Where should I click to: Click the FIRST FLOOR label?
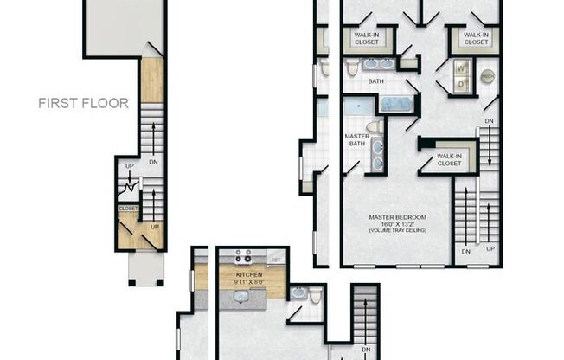pos(83,103)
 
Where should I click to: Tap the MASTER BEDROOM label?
pos(398,216)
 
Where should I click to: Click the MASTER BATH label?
pos(356,140)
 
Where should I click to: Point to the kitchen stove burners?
pos(242,257)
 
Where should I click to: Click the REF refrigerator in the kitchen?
pos(276,258)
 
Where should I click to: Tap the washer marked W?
pos(461,68)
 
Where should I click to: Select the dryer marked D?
pos(461,84)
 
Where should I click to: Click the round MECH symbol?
pos(488,76)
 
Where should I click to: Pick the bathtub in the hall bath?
pos(398,105)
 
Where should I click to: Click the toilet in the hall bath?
pos(352,67)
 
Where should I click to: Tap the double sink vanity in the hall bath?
pos(377,64)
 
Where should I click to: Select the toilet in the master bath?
pos(374,127)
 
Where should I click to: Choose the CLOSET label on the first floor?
pos(129,209)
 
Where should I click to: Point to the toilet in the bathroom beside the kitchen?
pos(315,296)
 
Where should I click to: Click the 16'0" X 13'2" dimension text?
pos(398,224)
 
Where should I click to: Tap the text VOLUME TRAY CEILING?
pos(398,232)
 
